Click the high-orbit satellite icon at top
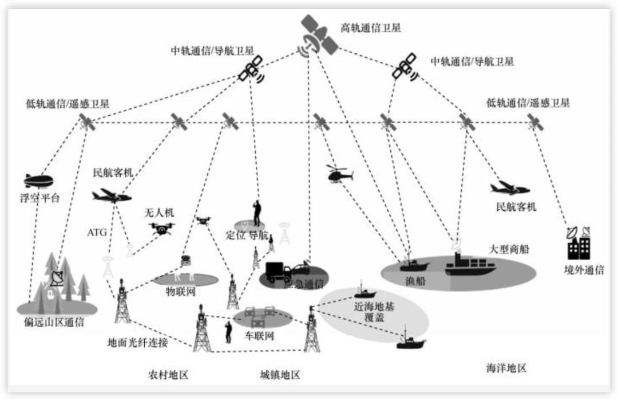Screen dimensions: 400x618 (318, 36)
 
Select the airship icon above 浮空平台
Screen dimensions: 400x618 (38, 181)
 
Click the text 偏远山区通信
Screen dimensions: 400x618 (58, 322)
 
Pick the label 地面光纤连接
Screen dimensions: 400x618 (138, 343)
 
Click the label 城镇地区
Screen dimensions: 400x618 (280, 375)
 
